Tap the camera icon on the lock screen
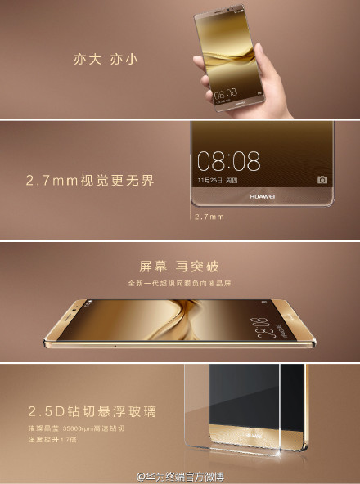click(322, 179)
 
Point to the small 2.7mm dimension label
click(209, 217)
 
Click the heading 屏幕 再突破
click(180, 267)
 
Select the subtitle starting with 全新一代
click(181, 283)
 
